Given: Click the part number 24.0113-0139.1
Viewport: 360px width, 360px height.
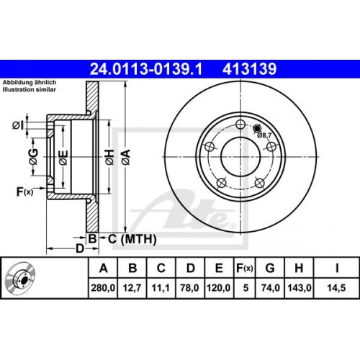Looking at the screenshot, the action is [146, 69].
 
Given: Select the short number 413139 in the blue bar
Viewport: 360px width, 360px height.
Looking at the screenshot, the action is [250, 69].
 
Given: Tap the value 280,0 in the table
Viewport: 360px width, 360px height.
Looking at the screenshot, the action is [103, 287].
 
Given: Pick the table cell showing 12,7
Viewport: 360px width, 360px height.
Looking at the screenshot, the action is [132, 287].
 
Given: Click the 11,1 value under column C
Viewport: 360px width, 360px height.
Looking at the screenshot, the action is [161, 287].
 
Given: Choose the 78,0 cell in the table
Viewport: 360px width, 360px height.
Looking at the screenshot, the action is [189, 287].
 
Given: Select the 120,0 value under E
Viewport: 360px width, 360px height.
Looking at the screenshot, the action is [219, 287].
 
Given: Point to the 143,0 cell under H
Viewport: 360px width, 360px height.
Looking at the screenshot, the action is [300, 287].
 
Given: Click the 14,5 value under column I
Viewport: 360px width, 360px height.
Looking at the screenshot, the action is [336, 287].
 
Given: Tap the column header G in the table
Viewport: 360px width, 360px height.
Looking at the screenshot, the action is [270, 268].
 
